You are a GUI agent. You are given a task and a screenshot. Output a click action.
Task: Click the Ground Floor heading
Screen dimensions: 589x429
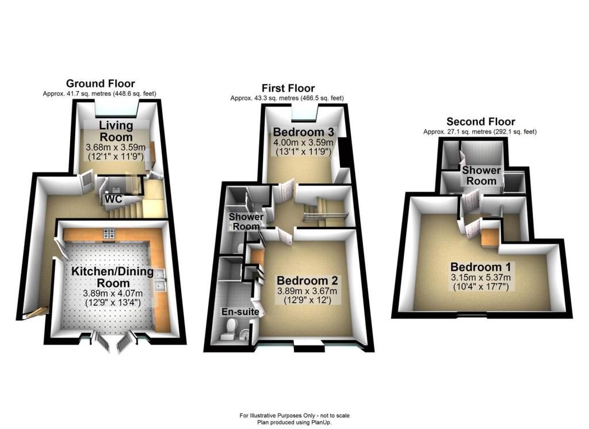click(x=100, y=83)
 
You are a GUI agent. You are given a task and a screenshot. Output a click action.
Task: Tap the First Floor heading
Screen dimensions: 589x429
click(x=288, y=88)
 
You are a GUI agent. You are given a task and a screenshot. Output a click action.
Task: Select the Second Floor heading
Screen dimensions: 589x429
click(x=480, y=122)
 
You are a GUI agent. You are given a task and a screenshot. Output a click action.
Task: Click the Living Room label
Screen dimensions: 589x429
click(x=116, y=131)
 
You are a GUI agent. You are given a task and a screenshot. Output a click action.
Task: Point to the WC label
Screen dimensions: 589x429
click(x=113, y=199)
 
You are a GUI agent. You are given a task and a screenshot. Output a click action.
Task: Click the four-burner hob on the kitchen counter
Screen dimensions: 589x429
click(x=109, y=233)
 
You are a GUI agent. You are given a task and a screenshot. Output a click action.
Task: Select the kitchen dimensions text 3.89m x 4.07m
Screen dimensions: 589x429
click(x=113, y=293)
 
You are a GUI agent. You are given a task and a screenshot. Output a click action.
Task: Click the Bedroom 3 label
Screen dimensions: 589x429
click(x=303, y=132)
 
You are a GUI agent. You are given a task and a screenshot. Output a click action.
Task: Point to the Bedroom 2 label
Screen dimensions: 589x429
click(x=307, y=280)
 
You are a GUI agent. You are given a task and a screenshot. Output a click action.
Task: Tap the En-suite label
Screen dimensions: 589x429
click(x=240, y=312)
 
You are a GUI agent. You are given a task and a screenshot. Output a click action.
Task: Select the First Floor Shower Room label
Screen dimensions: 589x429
click(x=246, y=222)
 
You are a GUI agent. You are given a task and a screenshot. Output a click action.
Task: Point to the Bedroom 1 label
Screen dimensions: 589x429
click(x=480, y=267)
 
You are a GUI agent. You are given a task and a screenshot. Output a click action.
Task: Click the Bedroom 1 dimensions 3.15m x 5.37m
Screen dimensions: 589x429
click(x=481, y=278)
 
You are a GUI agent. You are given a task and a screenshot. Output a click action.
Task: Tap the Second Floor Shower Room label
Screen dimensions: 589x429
click(x=481, y=175)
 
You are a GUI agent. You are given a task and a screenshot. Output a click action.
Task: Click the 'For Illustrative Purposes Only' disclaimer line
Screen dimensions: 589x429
click(x=294, y=415)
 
